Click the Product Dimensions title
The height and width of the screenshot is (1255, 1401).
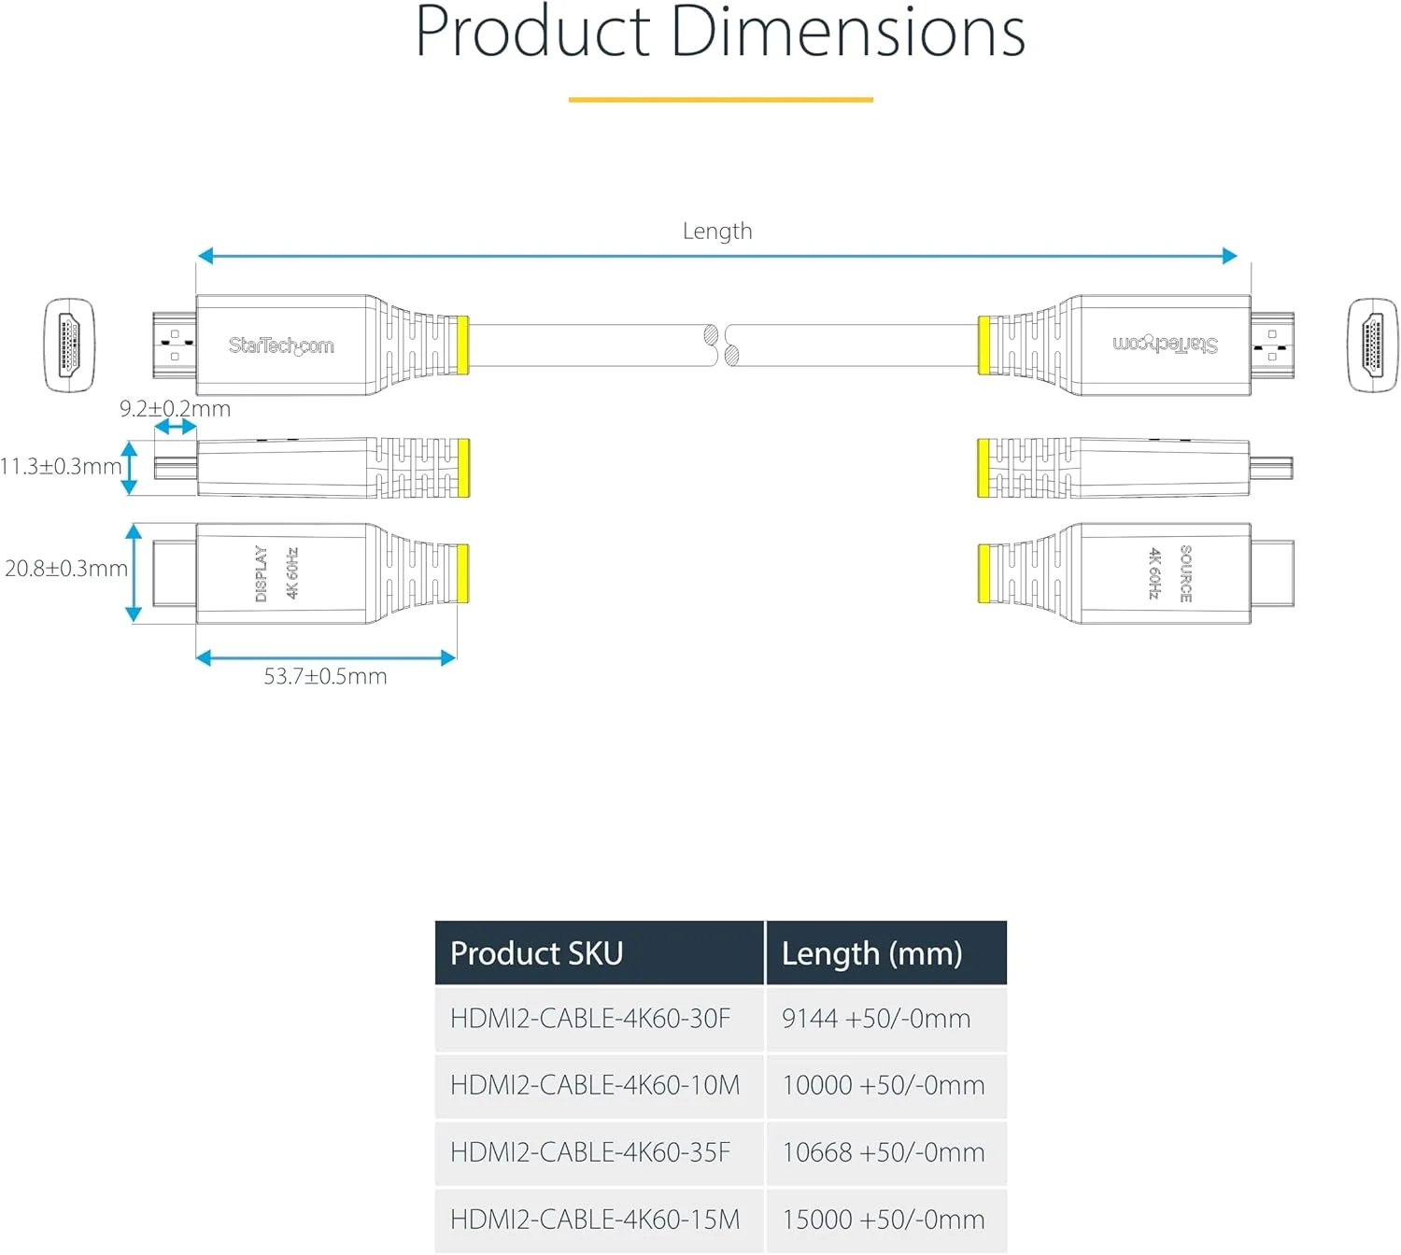(719, 34)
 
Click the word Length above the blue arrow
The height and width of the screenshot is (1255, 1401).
(716, 232)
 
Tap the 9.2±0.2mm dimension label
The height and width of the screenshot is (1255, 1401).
(175, 409)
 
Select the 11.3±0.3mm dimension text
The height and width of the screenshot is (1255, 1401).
(61, 466)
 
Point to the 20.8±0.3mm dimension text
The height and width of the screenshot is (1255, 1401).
(65, 569)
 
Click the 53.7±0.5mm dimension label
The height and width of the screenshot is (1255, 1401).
(325, 676)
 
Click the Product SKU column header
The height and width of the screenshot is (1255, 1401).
(536, 953)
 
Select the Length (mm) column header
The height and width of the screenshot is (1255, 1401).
(871, 953)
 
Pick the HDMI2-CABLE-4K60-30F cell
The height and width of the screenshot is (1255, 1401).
(590, 1019)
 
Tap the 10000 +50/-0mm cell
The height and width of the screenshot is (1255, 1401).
(883, 1086)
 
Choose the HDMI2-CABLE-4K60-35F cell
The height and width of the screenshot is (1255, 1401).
(590, 1153)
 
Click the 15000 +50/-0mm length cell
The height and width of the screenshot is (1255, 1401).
(883, 1220)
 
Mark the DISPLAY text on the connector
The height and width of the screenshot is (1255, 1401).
(262, 573)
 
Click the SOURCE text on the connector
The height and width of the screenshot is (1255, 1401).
(1185, 573)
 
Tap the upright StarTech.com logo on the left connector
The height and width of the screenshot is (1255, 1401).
(281, 345)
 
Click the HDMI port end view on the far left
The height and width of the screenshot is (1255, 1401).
(69, 345)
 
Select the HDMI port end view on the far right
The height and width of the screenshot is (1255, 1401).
(1372, 345)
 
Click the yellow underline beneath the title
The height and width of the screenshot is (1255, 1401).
(720, 99)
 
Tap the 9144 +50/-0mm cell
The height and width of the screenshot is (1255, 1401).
(876, 1019)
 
